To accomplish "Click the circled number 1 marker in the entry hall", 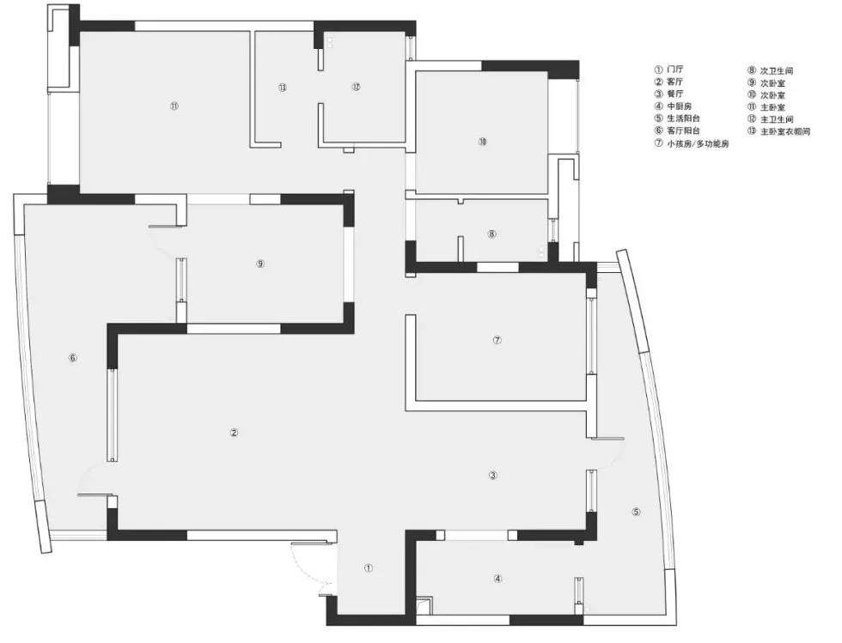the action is (369, 567).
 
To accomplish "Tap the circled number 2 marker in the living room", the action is (234, 433).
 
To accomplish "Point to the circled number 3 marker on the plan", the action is (493, 475).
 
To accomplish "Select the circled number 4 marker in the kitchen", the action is (498, 579).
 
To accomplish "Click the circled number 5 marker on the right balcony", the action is (637, 512).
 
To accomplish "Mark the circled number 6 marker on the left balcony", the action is (73, 358).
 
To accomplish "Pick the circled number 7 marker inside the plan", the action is (497, 340).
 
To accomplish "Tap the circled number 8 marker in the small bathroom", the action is (491, 234).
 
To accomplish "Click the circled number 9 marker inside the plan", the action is (260, 264).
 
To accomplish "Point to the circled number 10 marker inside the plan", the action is (483, 142).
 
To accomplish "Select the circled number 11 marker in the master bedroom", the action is (174, 106).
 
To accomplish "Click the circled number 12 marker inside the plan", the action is (356, 87).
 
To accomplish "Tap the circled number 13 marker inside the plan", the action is (283, 88).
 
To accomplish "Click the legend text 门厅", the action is (675, 70).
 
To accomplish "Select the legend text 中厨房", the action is (680, 106).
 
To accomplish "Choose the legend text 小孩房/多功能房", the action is (698, 144).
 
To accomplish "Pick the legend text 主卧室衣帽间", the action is (785, 131).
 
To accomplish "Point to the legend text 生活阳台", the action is (684, 118).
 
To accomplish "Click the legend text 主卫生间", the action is (777, 119).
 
